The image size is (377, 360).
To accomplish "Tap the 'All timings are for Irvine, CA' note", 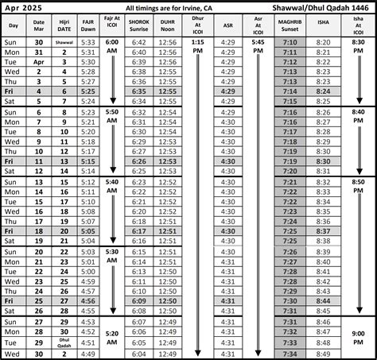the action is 159,6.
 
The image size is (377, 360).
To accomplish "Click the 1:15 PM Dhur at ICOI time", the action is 198,47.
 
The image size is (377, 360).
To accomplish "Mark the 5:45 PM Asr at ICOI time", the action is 258,47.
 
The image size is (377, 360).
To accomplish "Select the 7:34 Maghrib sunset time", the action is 290,354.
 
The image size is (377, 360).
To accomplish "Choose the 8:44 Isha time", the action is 323,303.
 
